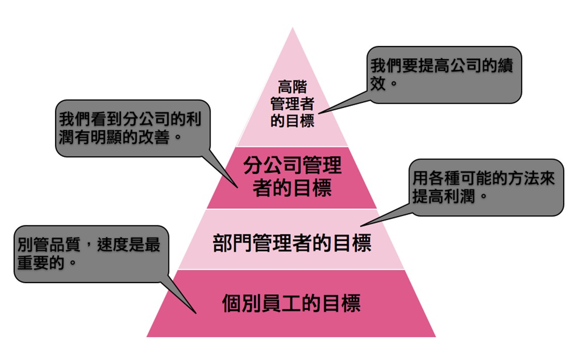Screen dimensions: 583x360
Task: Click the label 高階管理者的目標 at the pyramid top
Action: pyautogui.click(x=292, y=104)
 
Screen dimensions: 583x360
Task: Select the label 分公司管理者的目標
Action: pyautogui.click(x=292, y=176)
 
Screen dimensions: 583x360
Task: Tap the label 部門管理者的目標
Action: pyautogui.click(x=292, y=243)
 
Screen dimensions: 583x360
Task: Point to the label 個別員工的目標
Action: pyautogui.click(x=291, y=303)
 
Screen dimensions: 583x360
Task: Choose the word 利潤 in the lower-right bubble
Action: pyautogui.click(x=460, y=195)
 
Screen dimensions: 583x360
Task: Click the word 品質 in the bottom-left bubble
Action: pyautogui.click(x=65, y=245)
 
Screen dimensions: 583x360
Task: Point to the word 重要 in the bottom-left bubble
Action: pyautogui.click(x=33, y=262)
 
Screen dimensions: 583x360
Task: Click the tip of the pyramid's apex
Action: pyautogui.click(x=293, y=27)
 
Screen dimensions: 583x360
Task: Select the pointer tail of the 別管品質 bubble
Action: pyautogui.click(x=196, y=313)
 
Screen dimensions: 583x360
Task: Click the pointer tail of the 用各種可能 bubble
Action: pyautogui.click(x=361, y=226)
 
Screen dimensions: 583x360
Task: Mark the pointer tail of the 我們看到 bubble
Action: pyautogui.click(x=237, y=187)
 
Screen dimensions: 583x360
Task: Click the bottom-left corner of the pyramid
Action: pyautogui.click(x=146, y=337)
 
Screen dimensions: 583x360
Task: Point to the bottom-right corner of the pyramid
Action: pyautogui.click(x=436, y=337)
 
